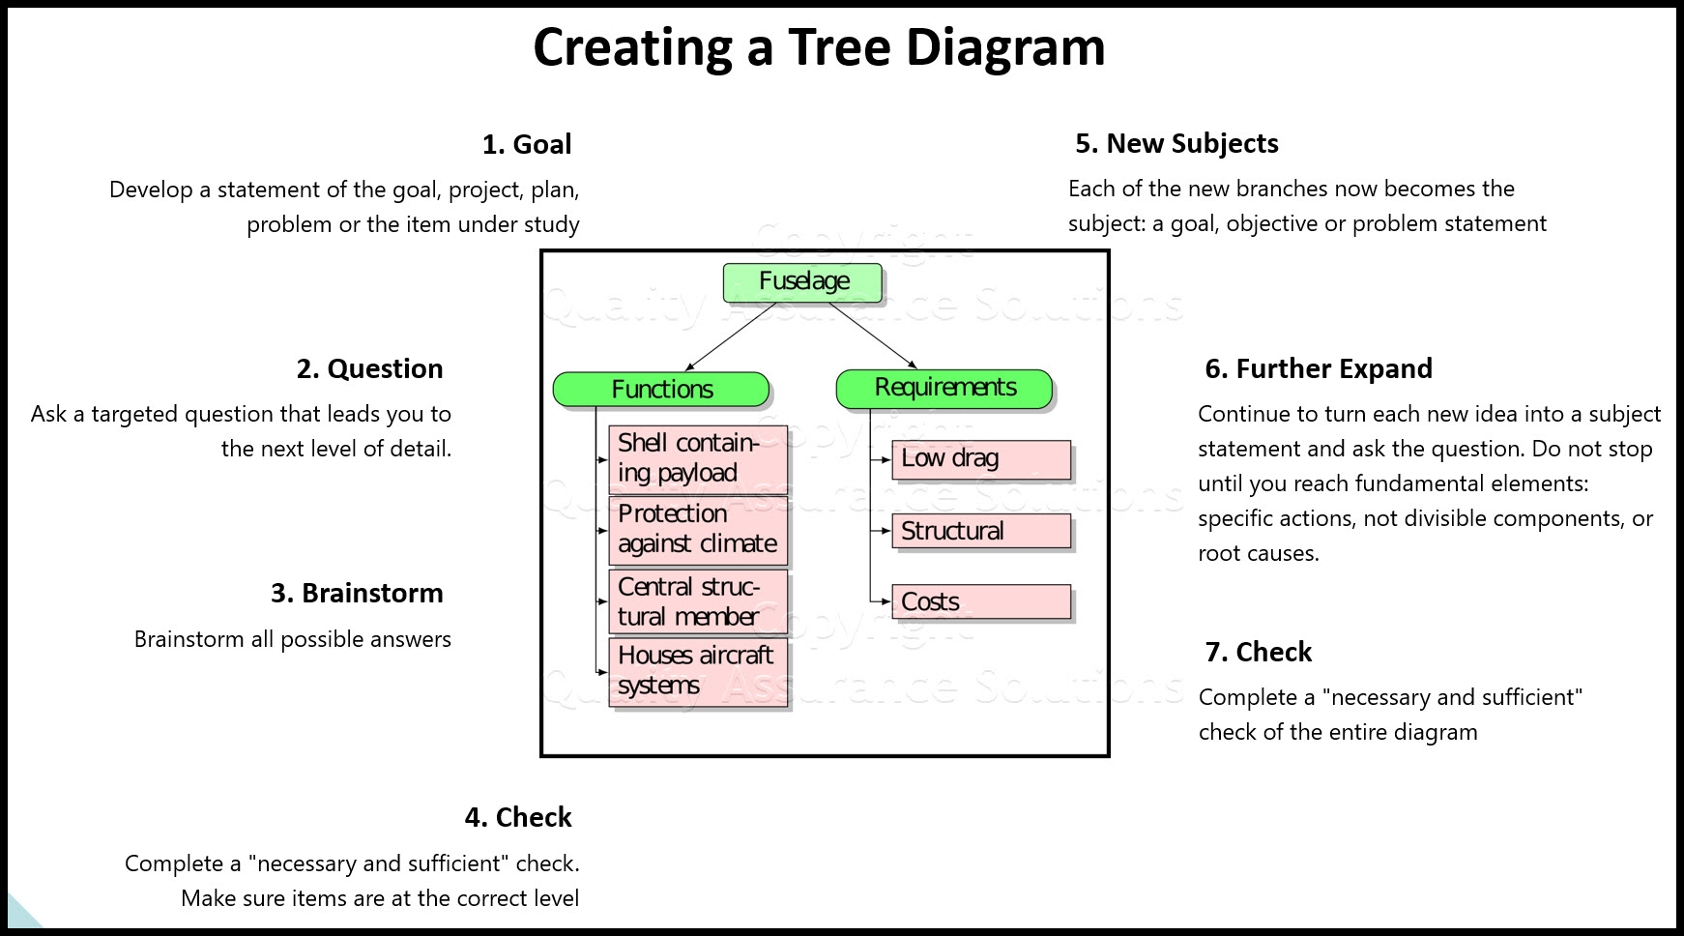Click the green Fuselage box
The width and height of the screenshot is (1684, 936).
coord(802,281)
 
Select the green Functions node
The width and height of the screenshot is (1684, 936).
coord(661,389)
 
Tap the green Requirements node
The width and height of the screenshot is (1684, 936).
coord(944,388)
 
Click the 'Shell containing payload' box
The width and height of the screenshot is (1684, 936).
coord(698,458)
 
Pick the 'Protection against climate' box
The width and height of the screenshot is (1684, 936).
coord(698,529)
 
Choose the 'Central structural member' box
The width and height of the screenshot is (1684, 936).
coord(698,601)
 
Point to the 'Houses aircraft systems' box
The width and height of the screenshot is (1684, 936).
coord(698,671)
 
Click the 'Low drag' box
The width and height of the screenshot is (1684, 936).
coord(981,459)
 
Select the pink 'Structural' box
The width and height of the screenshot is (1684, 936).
coord(981,531)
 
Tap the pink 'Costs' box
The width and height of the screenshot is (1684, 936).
coord(981,601)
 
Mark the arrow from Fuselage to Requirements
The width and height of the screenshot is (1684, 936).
coord(873,336)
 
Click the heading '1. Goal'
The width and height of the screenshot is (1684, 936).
coord(527,145)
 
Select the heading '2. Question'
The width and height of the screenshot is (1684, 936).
coord(369,369)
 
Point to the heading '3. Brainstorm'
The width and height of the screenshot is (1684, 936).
coord(357,594)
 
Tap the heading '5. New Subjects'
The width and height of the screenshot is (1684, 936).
coord(1176,144)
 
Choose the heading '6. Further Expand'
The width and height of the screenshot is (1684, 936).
coord(1319,369)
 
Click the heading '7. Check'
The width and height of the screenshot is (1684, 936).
coord(1259,653)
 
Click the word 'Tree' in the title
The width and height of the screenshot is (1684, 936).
coord(838,47)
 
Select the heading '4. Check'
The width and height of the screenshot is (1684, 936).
coord(518,818)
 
